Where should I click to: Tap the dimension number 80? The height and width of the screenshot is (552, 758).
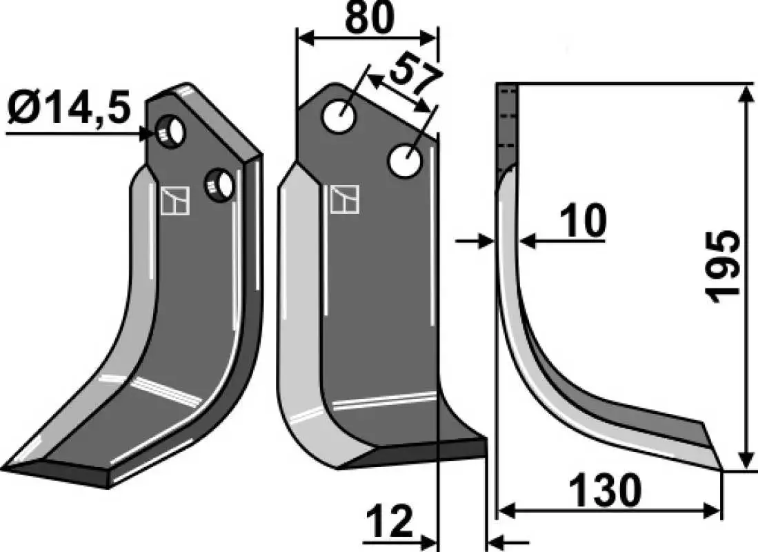click(370, 18)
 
